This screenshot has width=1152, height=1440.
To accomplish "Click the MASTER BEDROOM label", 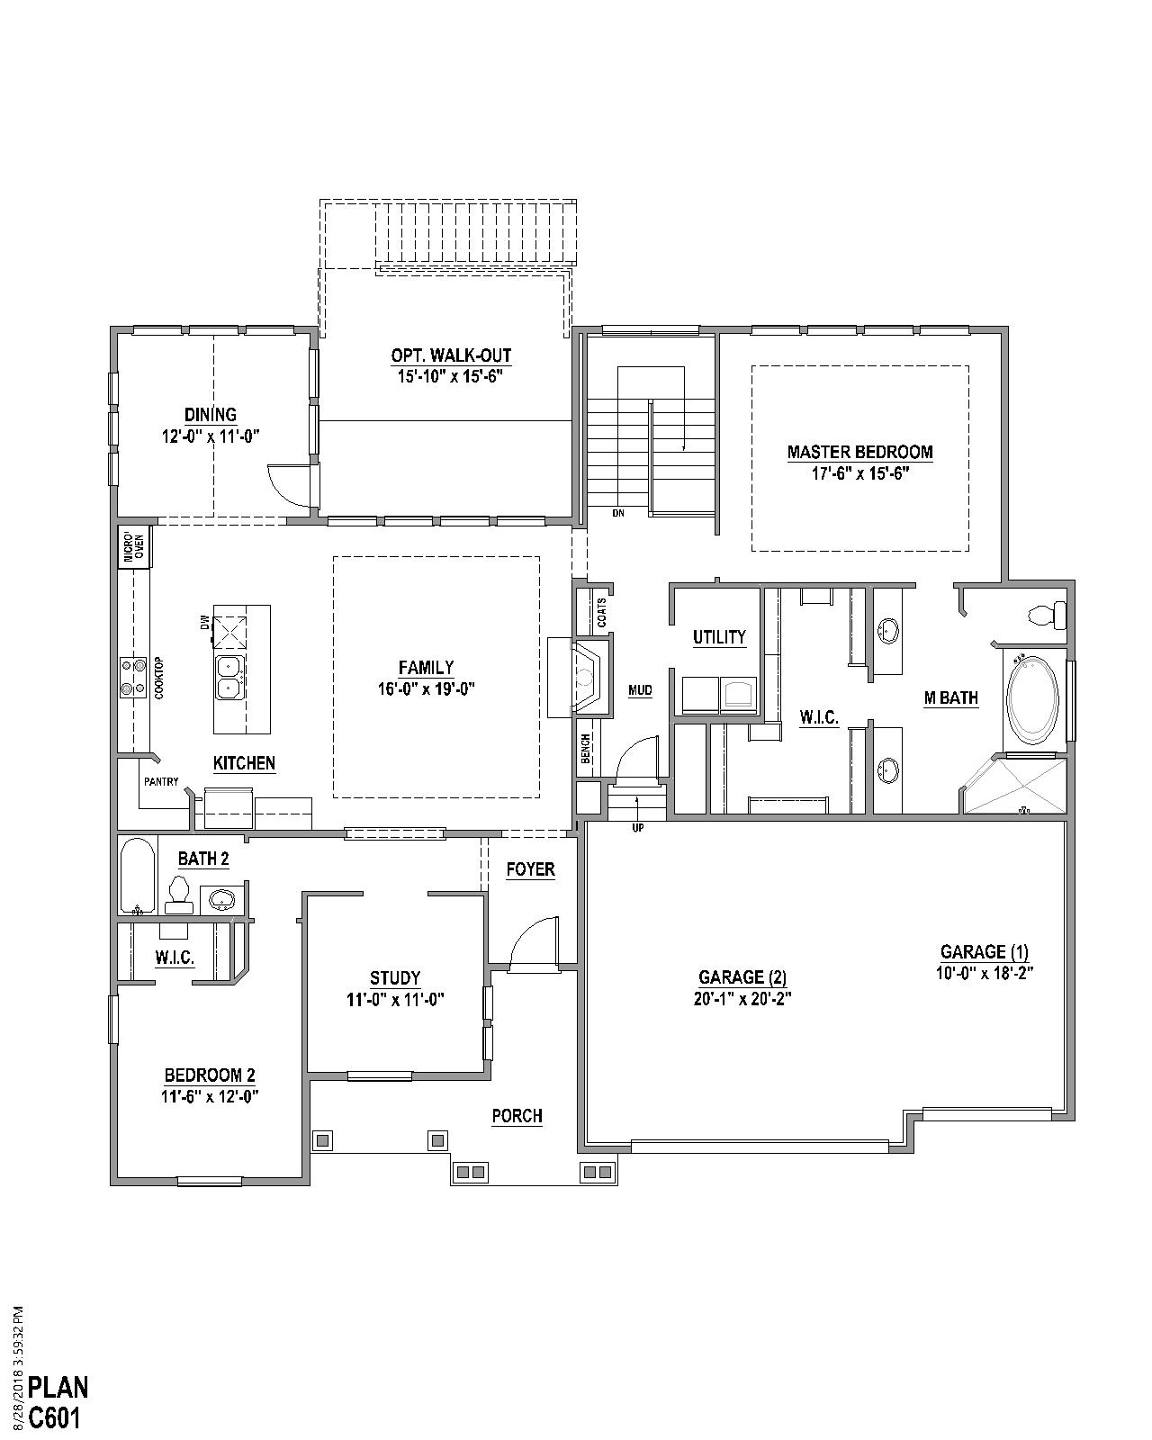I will pos(859,452).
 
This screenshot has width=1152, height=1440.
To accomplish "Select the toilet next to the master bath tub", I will pos(1047,616).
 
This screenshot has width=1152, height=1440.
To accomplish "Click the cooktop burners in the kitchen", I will pos(133,678).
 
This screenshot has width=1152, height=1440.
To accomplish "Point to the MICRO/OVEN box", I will pos(133,547).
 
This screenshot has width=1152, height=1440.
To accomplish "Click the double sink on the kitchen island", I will pos(229,677).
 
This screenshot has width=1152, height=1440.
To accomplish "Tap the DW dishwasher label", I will pos(204,622).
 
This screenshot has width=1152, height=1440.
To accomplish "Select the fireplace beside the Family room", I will pos(589,678).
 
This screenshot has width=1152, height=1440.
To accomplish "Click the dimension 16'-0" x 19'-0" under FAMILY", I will pos(426,689).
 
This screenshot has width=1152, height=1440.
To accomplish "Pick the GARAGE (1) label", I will pos(984,951).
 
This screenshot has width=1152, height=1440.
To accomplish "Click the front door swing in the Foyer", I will pos(533,945).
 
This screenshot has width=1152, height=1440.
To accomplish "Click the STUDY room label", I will pos(395,978).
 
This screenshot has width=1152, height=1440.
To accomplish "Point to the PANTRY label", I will pos(160,781).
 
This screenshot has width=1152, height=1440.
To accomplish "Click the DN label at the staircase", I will pos(617,513).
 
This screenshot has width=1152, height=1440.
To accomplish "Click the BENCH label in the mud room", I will pos(586,749).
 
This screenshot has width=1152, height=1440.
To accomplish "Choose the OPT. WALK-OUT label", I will pos(451,355).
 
